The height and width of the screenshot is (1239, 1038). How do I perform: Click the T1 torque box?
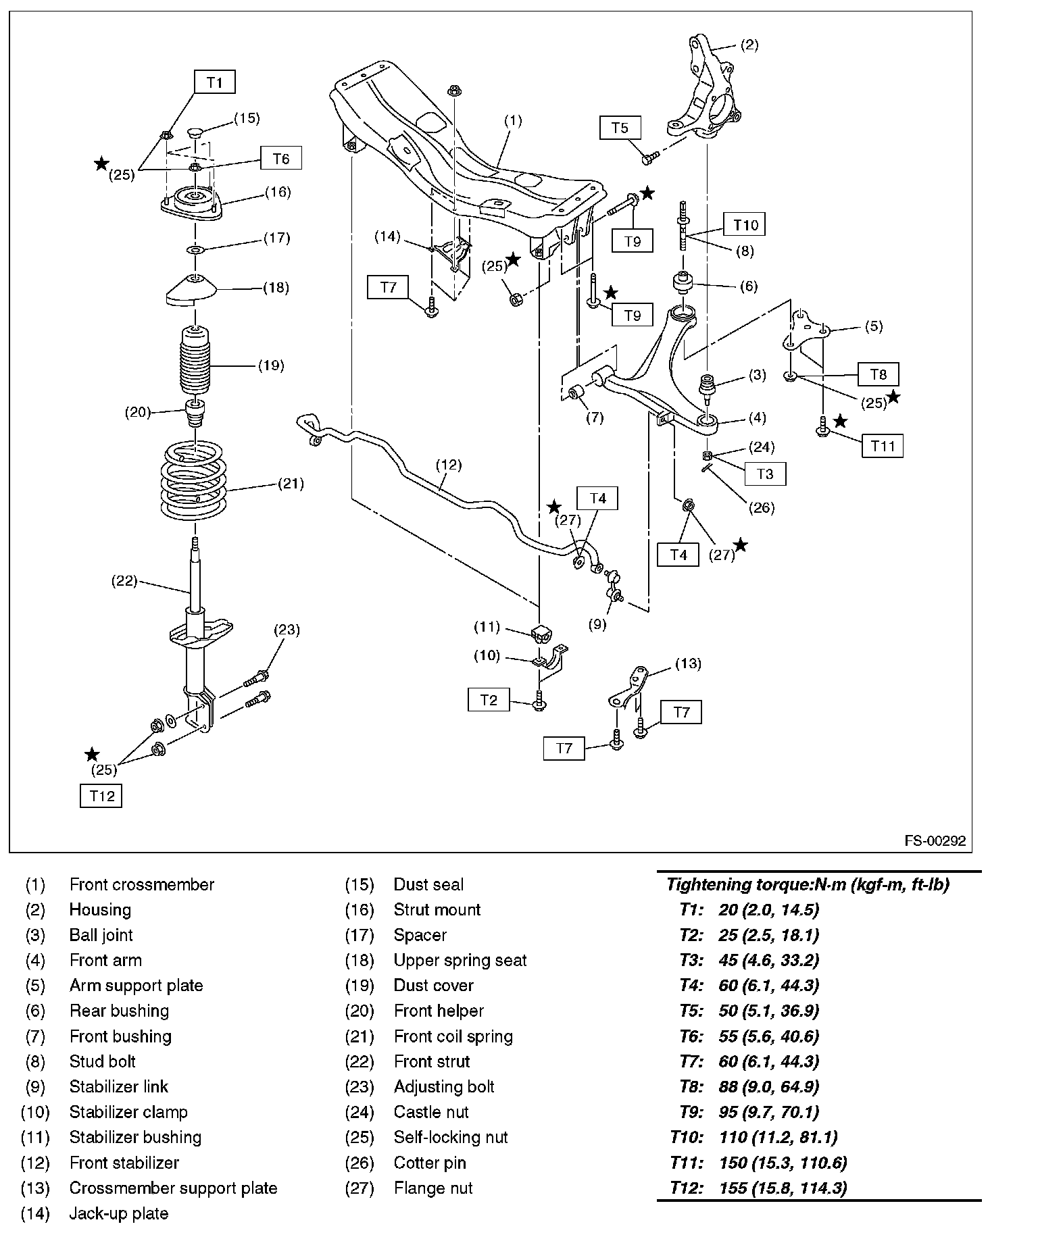(215, 82)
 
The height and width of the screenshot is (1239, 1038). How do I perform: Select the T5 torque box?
(620, 128)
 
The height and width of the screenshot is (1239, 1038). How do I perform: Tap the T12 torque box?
(101, 796)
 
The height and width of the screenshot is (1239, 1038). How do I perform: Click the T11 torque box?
(883, 446)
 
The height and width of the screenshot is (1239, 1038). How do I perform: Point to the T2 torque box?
(489, 700)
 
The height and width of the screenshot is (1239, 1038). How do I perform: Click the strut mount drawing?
(191, 201)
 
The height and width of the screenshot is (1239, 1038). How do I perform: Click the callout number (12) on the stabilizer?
(448, 465)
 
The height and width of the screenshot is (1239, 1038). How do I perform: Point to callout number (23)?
(287, 630)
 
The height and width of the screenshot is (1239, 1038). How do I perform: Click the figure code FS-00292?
(935, 841)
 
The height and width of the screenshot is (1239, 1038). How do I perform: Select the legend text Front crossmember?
(142, 884)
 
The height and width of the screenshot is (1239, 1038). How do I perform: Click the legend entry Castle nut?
(431, 1112)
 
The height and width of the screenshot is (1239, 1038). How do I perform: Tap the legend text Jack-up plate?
(119, 1213)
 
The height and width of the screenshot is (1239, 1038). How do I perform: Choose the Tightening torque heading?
(808, 884)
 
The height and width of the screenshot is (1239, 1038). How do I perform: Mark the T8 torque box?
(879, 374)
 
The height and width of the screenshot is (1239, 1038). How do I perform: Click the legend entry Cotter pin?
(430, 1163)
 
